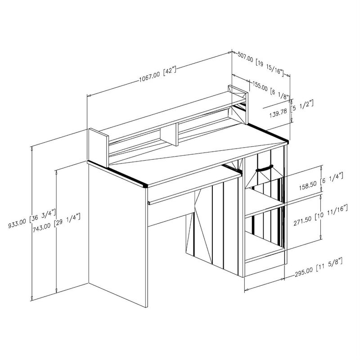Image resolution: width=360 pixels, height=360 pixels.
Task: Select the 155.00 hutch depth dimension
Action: (260, 85)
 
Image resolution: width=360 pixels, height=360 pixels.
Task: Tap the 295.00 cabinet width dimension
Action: (303, 273)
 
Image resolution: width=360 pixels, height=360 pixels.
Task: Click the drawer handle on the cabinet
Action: (264, 169)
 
